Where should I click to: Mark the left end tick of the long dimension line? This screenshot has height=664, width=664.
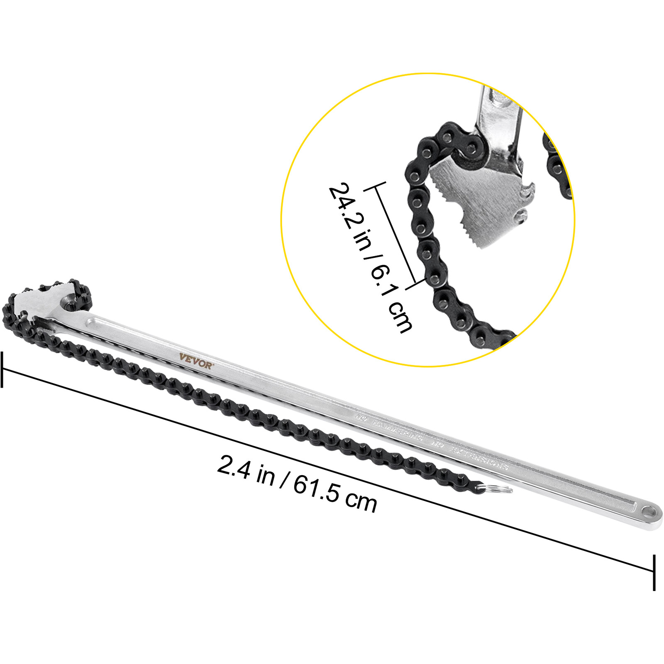(x=2, y=369)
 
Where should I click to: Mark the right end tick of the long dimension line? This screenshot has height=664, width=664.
(x=654, y=572)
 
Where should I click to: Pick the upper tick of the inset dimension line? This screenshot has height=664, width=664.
(x=376, y=186)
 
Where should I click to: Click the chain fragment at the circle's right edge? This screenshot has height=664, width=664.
(x=558, y=166)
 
